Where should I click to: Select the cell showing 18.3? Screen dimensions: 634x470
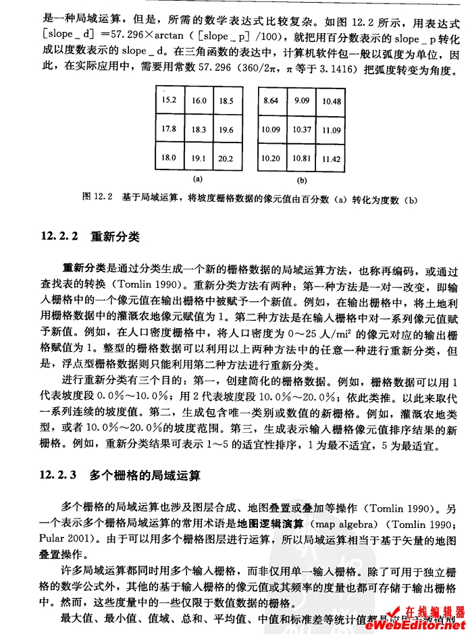[199, 129]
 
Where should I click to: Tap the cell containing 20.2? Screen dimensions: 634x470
[226, 159]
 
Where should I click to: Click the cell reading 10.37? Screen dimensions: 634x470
[302, 130]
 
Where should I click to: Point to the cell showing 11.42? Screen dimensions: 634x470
[331, 159]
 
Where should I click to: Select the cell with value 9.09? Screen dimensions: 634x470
[302, 101]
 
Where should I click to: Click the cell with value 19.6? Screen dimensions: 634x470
[226, 130]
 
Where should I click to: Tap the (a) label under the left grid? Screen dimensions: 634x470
[198, 180]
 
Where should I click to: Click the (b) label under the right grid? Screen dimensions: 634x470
[302, 181]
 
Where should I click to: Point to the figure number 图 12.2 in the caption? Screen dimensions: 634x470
[96, 197]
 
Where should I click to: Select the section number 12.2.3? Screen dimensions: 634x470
[61, 476]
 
